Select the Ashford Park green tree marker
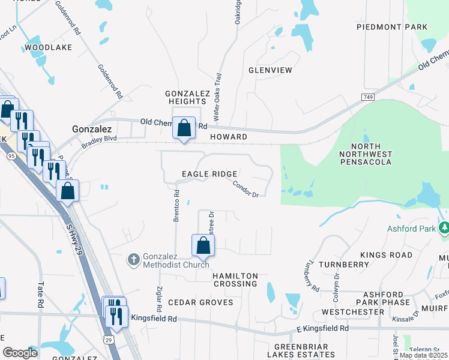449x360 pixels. point(444,228)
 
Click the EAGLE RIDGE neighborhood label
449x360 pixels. point(209,174)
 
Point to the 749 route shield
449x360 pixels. point(368,97)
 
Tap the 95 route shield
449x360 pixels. point(11,156)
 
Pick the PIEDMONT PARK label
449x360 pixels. point(392,27)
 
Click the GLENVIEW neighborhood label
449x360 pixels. point(270,70)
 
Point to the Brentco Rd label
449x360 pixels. point(176,206)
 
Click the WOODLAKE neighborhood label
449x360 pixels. point(48,47)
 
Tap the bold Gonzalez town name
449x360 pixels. point(92,129)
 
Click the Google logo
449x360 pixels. point(20,353)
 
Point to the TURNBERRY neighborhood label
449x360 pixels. point(344,265)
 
